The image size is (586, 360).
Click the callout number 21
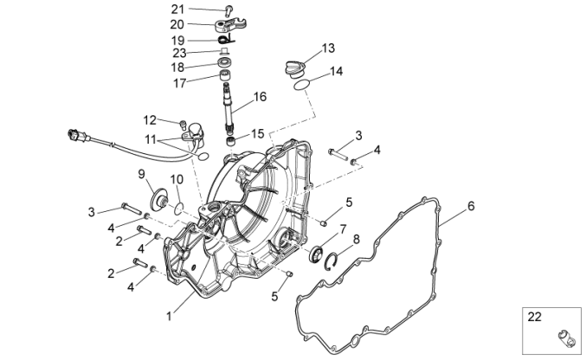177,10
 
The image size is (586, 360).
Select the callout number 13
328,48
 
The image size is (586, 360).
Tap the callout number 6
470,206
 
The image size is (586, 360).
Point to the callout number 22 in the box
535,317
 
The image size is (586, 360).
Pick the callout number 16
259,99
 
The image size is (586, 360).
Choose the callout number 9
141,175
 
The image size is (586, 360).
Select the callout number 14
336,72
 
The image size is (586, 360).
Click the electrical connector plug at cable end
77,136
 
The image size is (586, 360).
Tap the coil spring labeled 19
227,39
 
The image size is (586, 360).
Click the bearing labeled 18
226,65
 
